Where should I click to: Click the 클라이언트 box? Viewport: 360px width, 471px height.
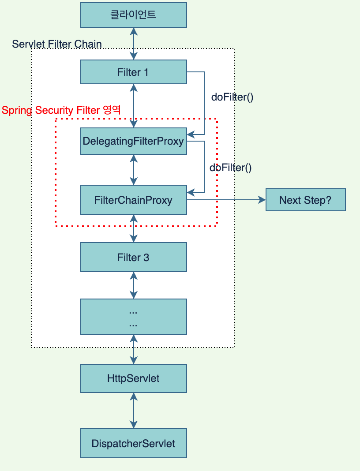coord(133,15)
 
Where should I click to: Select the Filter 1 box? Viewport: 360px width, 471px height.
coord(133,72)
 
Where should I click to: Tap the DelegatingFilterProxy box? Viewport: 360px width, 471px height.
coord(133,141)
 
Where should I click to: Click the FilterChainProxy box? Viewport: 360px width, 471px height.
coord(133,200)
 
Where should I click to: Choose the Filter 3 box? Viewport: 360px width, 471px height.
coord(133,257)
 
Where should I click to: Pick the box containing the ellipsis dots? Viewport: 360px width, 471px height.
coord(133,318)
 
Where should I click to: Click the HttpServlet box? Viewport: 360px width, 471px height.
coord(133,378)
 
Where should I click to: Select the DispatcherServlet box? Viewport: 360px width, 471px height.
coord(133,443)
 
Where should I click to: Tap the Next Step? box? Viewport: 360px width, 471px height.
coord(305,200)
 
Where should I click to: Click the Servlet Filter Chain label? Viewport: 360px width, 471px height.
coord(57,44)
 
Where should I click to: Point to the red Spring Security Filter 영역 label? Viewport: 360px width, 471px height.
coord(61,110)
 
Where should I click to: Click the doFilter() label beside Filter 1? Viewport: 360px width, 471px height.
coord(232,97)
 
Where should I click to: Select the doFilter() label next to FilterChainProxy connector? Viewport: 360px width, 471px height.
coord(230,168)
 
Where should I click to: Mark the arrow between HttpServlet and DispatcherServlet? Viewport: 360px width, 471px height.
coord(134,410)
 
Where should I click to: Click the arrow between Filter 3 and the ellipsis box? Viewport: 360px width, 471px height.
coord(134,285)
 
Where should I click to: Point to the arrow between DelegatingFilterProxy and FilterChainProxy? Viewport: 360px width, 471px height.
coord(134,170)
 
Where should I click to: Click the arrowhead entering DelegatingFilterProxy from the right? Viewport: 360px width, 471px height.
coord(190,134)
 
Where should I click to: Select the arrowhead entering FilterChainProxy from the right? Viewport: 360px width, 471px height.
coord(190,192)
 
